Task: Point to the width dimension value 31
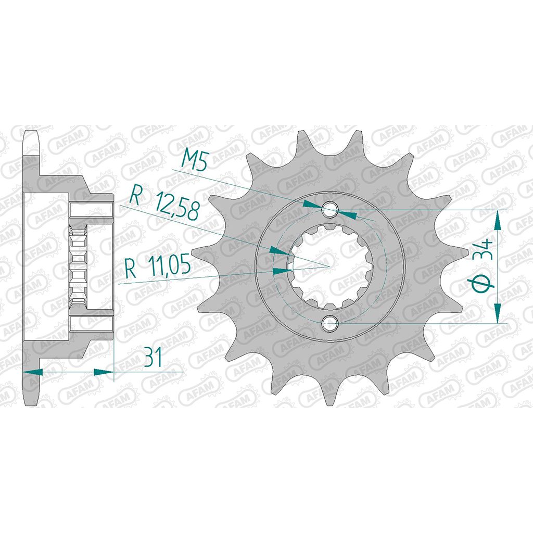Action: click(153, 359)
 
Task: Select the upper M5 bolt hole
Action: click(329, 210)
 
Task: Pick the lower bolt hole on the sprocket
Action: click(329, 323)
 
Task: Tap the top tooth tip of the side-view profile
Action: click(32, 130)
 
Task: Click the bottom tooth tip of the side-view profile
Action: click(32, 403)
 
